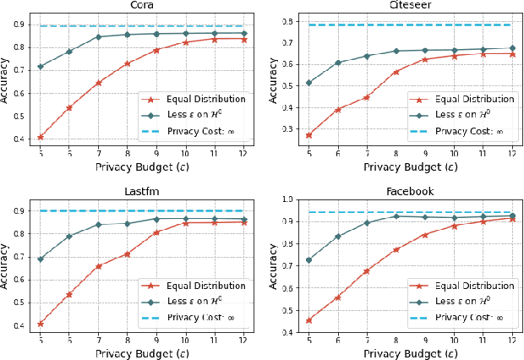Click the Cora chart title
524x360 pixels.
point(141,5)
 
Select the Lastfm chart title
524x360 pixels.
point(141,191)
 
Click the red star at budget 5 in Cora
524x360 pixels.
point(41,137)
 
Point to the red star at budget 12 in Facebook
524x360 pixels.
point(512,219)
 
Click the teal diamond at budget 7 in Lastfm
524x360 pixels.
point(98,225)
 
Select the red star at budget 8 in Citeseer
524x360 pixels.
point(396,72)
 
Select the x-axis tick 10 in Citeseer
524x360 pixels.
point(453,154)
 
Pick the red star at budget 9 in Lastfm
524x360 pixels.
point(156,232)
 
